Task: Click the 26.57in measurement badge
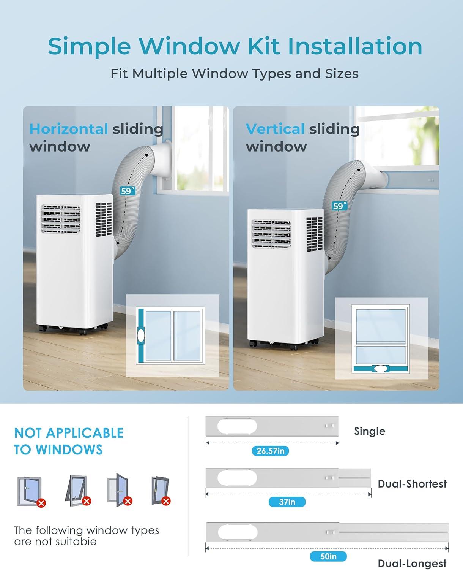tap(270, 451)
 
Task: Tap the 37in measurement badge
tap(287, 502)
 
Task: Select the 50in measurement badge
tap(328, 556)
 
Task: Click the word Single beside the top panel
tap(370, 431)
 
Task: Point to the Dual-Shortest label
tap(412, 484)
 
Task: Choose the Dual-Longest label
tap(412, 563)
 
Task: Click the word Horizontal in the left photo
tap(69, 129)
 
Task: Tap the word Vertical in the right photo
tap(275, 129)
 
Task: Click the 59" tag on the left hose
tap(128, 191)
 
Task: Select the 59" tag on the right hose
tap(340, 206)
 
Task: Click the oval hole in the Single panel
tap(237, 426)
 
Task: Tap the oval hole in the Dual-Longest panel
tap(238, 532)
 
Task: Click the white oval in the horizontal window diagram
tap(141, 336)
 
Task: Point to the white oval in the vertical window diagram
tap(381, 369)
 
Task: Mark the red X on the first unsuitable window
tap(41, 503)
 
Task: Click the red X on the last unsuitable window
tap(166, 501)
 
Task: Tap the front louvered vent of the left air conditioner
tap(61, 219)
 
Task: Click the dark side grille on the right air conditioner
tap(315, 234)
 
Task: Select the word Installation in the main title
tap(355, 46)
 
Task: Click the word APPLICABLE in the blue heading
tap(85, 433)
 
